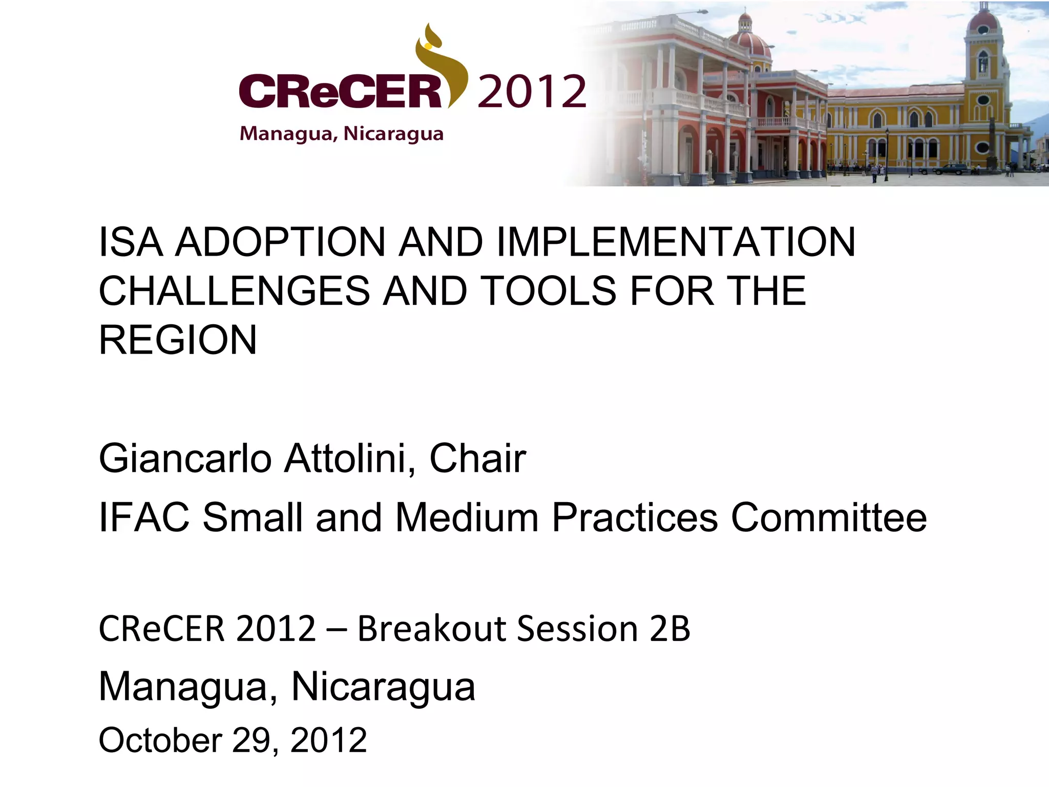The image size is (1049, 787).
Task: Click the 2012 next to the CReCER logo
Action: tap(532, 92)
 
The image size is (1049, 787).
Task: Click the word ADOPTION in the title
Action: tap(280, 242)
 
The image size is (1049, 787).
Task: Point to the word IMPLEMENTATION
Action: tap(676, 242)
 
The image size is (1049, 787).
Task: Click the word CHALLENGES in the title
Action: tap(234, 291)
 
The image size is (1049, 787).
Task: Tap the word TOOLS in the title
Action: tap(548, 291)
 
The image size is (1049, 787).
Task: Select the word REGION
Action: tap(178, 340)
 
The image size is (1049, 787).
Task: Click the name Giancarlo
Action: tap(185, 459)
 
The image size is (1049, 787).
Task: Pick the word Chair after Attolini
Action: tap(477, 459)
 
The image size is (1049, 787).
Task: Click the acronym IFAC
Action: tap(144, 517)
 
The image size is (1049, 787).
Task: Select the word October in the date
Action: tap(160, 740)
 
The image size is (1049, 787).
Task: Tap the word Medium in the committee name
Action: tap(467, 517)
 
